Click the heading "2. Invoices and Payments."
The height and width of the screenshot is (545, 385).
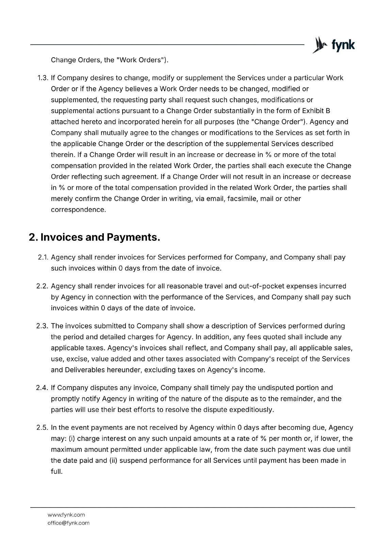(94, 237)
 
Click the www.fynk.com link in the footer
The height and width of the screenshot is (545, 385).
(66, 515)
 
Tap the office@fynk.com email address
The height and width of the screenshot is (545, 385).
(68, 523)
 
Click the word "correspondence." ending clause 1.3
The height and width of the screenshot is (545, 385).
(78, 209)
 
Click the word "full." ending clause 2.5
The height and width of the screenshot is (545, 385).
(57, 471)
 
